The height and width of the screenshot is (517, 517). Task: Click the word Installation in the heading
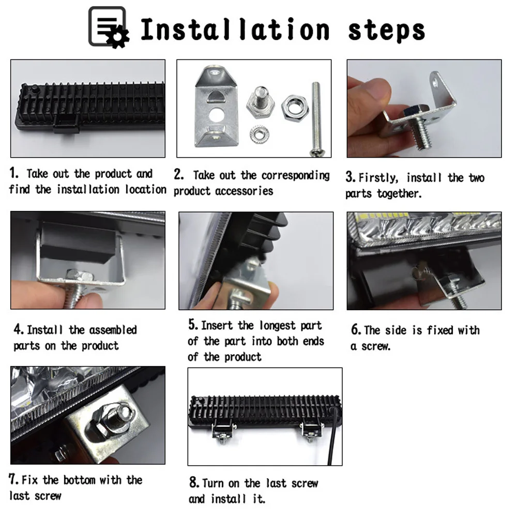[235, 29]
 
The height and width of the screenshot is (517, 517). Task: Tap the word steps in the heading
[386, 31]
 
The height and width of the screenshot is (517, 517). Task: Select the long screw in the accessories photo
[316, 119]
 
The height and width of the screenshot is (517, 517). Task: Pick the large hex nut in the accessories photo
[295, 107]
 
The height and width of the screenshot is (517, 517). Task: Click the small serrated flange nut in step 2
[259, 134]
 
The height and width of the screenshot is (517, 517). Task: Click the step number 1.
[13, 173]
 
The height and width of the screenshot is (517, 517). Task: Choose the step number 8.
[194, 482]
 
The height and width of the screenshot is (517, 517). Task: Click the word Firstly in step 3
[378, 178]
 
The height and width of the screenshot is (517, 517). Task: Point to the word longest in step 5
[278, 326]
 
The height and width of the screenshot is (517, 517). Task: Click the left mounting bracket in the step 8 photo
[223, 432]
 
